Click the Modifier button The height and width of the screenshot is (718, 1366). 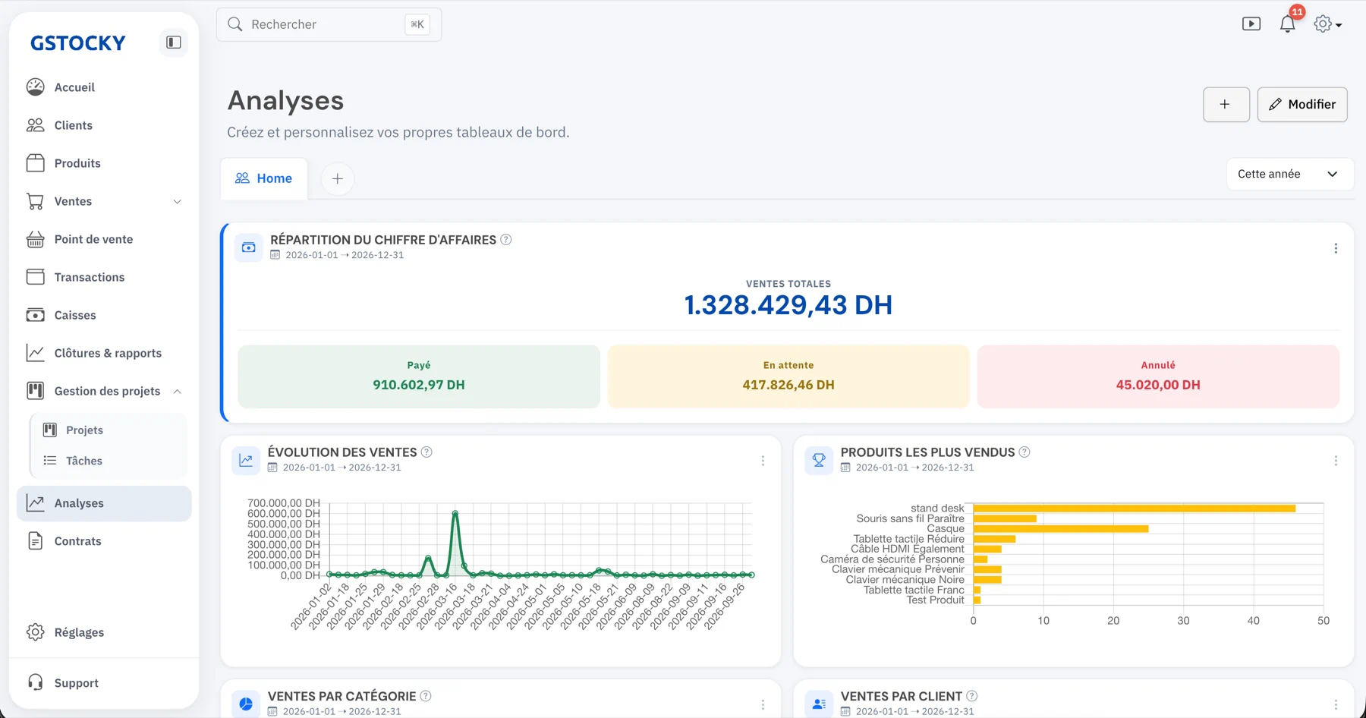(x=1302, y=105)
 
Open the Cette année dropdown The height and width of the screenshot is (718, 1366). (x=1289, y=174)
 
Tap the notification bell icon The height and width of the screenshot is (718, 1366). (x=1288, y=24)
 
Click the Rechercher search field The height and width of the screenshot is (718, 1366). (x=329, y=24)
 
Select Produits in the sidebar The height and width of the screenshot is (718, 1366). (x=77, y=163)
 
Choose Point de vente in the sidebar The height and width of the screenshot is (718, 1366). (x=93, y=239)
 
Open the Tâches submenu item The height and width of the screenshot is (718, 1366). (x=84, y=461)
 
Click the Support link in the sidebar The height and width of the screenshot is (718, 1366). (x=77, y=683)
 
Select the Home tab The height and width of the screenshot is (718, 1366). (x=264, y=178)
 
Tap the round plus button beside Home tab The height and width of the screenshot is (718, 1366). (x=338, y=179)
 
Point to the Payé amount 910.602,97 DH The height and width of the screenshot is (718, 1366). (x=419, y=385)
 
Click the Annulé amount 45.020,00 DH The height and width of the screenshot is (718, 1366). (x=1158, y=385)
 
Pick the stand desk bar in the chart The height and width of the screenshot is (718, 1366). (x=1135, y=509)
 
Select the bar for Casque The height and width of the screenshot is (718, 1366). (x=1061, y=529)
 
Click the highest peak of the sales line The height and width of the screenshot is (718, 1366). (x=455, y=513)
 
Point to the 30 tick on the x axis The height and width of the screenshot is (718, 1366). (x=1183, y=621)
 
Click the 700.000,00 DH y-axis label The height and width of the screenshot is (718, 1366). (x=284, y=503)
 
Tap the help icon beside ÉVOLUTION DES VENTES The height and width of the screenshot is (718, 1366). (x=426, y=452)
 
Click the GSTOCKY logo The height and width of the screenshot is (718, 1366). (x=78, y=43)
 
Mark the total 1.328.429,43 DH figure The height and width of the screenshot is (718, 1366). (x=788, y=305)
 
